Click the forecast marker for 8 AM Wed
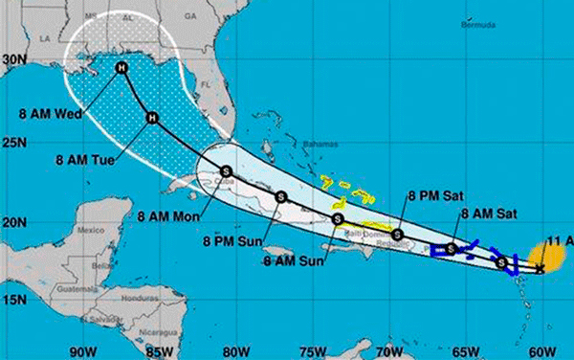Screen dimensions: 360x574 [121, 68]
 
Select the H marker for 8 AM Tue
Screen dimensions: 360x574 [151, 119]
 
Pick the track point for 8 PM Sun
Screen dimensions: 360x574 [280, 196]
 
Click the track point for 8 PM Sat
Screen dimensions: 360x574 [397, 235]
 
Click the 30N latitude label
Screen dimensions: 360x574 [13, 59]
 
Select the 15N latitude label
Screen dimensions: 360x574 [13, 300]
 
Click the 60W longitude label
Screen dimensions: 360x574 [542, 349]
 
